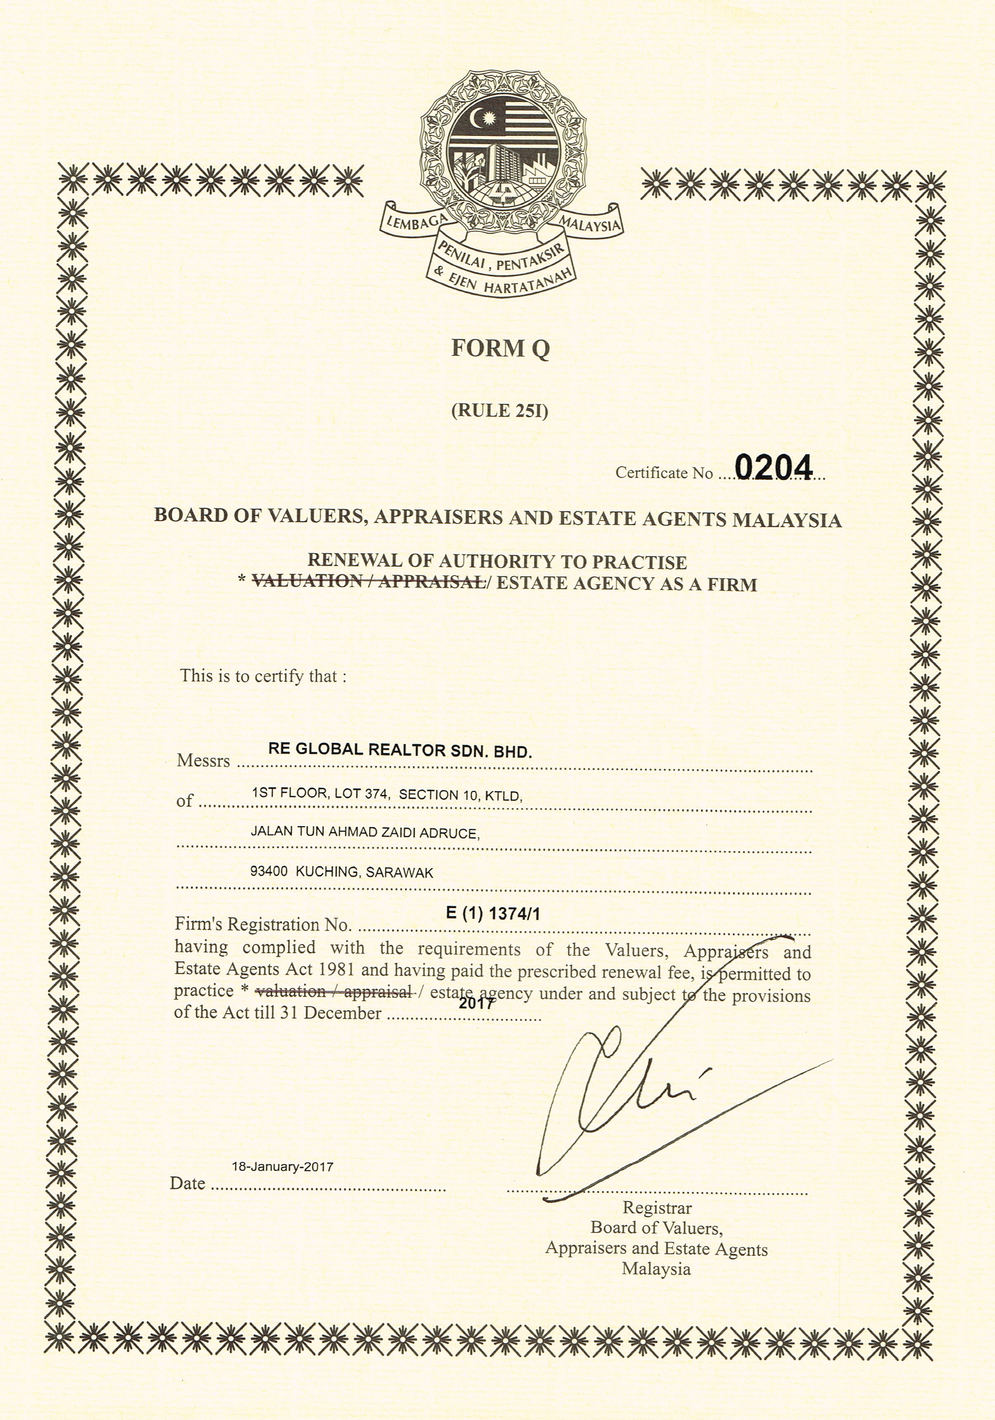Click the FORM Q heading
[500, 349]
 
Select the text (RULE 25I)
[500, 410]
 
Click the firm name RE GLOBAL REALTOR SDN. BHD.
[399, 750]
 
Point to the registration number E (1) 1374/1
[493, 913]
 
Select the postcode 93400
[268, 872]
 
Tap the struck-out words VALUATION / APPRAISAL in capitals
[368, 581]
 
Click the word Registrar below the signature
[657, 1207]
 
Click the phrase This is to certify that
[263, 676]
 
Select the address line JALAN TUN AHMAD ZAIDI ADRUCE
[365, 832]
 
